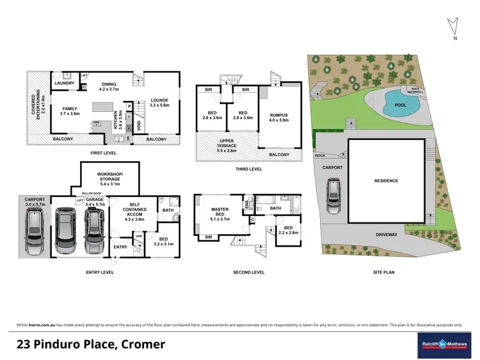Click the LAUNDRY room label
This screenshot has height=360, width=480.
[x=65, y=83]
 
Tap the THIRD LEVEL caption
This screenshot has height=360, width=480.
[x=248, y=169]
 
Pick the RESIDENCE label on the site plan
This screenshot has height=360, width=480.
[x=386, y=181]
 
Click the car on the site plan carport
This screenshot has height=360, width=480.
[x=333, y=196]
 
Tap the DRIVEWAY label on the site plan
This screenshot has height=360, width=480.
[x=386, y=235]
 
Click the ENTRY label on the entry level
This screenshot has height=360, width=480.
[x=120, y=247]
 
